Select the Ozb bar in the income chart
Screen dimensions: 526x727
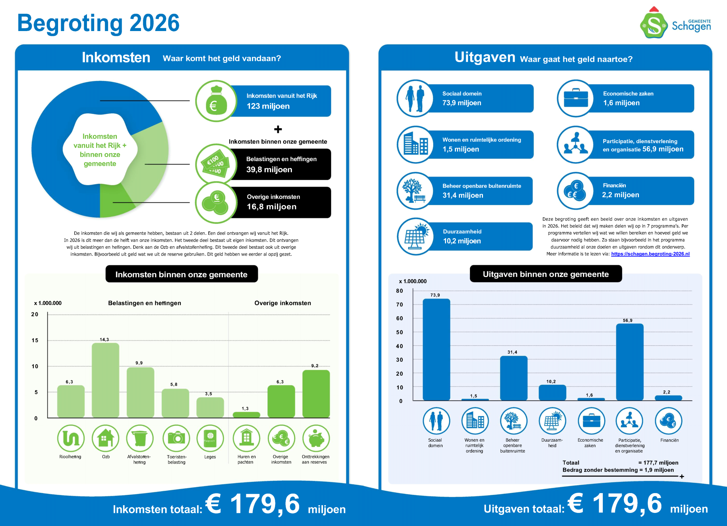click(x=105, y=380)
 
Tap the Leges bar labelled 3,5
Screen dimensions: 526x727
click(x=210, y=407)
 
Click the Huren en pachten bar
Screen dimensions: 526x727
click(x=246, y=415)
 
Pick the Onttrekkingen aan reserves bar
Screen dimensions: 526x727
click(x=316, y=394)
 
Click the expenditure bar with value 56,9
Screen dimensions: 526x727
click(x=629, y=362)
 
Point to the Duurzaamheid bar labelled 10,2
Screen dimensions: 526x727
click(x=552, y=393)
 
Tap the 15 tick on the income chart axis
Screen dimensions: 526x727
click(x=35, y=340)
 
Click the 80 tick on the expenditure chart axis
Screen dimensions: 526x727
click(x=399, y=291)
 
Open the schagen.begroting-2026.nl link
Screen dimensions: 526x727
click(x=650, y=254)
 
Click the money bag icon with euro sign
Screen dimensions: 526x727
click(x=216, y=101)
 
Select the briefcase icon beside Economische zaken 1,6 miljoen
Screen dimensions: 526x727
click(x=576, y=98)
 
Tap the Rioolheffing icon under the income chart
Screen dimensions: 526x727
click(x=71, y=438)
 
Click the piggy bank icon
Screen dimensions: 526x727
click(x=316, y=438)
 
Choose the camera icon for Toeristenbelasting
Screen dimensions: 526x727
click(x=176, y=438)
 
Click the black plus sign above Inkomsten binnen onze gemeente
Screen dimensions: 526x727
click(x=278, y=129)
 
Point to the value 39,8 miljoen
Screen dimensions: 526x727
click(x=269, y=169)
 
